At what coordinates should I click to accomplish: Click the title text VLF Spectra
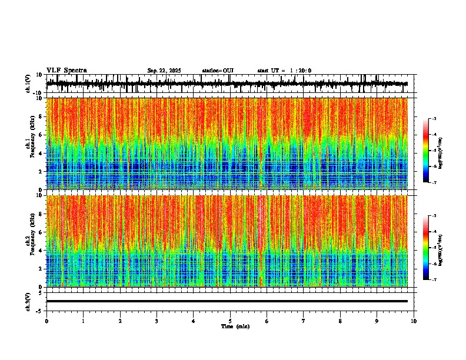(66, 70)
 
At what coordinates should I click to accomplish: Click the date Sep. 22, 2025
(164, 71)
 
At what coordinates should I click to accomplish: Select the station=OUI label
(218, 71)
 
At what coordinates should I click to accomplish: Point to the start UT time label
(284, 71)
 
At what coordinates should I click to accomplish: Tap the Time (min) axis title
(235, 326)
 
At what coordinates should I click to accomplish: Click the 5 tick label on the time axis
(230, 321)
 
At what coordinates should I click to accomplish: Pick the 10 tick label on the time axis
(414, 321)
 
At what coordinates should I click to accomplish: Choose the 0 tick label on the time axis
(46, 321)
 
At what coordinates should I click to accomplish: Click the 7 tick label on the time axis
(304, 321)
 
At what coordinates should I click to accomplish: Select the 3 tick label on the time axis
(157, 321)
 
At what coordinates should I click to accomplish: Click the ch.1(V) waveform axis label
(28, 84)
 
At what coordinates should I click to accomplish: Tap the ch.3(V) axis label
(28, 301)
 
